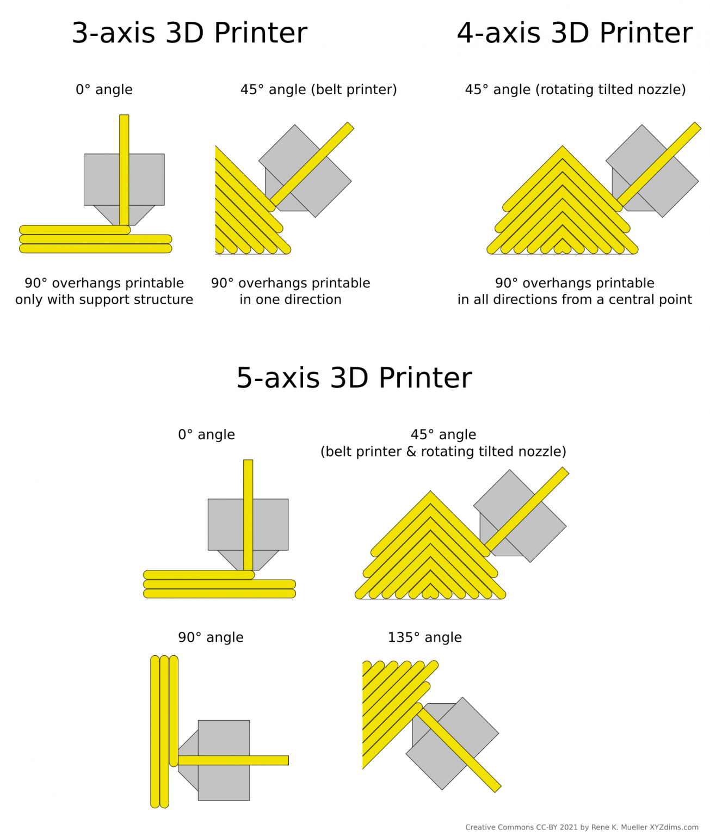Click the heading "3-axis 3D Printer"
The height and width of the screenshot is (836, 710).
(189, 33)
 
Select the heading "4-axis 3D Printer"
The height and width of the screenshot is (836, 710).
(575, 33)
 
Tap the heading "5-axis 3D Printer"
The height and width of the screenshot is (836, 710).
(354, 378)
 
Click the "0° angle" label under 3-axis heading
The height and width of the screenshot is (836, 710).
(104, 90)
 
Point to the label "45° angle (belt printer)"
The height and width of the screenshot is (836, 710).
(318, 90)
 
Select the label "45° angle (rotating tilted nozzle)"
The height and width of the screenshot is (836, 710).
(575, 90)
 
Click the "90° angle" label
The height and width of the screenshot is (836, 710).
(211, 637)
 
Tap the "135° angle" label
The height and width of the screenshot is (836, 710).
(424, 637)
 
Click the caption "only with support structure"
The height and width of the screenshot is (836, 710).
(104, 300)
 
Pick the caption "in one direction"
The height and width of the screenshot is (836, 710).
(291, 300)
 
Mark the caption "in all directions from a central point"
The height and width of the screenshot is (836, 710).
(575, 300)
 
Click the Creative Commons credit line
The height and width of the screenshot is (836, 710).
(582, 827)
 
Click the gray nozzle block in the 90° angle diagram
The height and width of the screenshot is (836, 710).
(224, 784)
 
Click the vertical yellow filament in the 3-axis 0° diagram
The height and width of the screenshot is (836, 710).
(124, 163)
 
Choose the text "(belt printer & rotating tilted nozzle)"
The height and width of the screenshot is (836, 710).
(443, 452)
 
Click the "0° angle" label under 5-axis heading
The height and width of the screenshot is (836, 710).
(206, 435)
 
